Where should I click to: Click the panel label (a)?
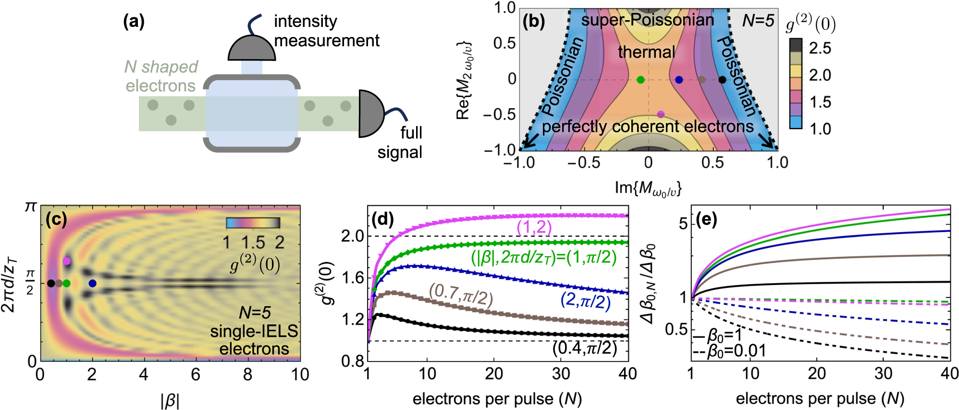134,22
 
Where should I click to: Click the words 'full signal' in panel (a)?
400,143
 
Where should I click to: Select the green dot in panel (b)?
640,80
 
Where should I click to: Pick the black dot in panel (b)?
722,80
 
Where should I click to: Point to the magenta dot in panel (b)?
661,114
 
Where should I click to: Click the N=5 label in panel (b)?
758,21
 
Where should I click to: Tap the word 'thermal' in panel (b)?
646,52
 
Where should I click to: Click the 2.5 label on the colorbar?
820,48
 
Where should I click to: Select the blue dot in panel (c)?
92,283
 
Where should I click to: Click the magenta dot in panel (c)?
67,261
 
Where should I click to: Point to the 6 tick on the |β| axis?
196,375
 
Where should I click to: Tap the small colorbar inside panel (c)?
253,223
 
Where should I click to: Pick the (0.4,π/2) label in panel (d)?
584,348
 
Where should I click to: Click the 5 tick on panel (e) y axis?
683,224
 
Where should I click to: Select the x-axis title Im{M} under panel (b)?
648,187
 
